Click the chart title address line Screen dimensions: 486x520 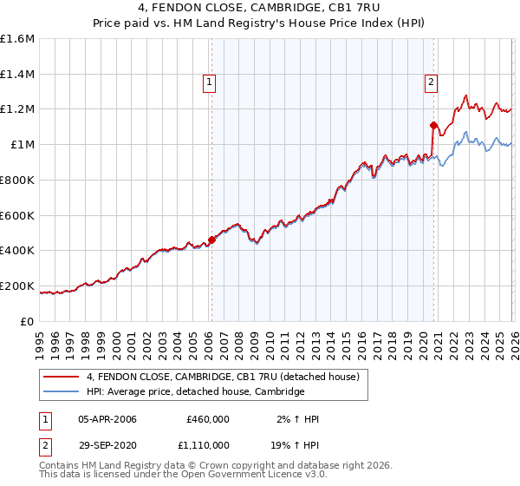[x=259, y=9]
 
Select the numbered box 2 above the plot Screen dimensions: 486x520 [x=431, y=83]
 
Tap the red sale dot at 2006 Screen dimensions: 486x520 [x=211, y=240]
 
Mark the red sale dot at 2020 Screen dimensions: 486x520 [x=433, y=125]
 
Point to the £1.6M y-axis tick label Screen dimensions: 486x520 [x=17, y=39]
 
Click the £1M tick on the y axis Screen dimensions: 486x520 [x=23, y=145]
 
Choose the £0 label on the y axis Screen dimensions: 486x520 [x=29, y=321]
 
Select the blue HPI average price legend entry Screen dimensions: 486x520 [x=195, y=392]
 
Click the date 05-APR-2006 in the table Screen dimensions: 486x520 [x=107, y=419]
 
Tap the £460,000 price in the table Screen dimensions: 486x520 [x=207, y=419]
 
